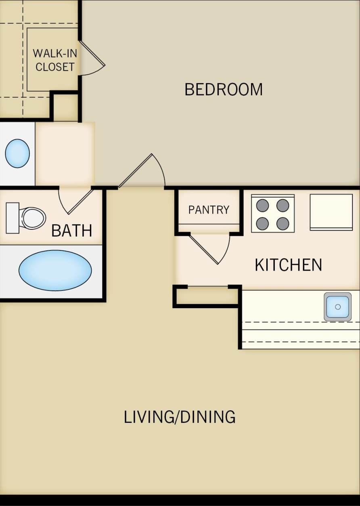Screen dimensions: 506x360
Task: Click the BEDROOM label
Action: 223,89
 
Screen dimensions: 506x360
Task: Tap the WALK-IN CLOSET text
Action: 54,60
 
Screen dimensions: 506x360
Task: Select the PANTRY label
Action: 209,210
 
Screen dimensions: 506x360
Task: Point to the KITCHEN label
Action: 288,265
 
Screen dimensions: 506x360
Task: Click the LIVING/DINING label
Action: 180,417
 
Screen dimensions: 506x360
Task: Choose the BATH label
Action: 72,231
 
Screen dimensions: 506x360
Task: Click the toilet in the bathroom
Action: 32,218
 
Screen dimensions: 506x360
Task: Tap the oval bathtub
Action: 55,270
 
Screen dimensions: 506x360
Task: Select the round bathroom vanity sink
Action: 17,153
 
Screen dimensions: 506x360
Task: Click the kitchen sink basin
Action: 337,307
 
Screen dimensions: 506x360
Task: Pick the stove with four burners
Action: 273,214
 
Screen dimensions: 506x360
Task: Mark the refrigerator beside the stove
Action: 331,212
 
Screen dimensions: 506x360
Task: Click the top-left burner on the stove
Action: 262,206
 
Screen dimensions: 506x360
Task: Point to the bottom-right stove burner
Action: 283,223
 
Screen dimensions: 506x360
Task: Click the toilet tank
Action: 13,218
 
